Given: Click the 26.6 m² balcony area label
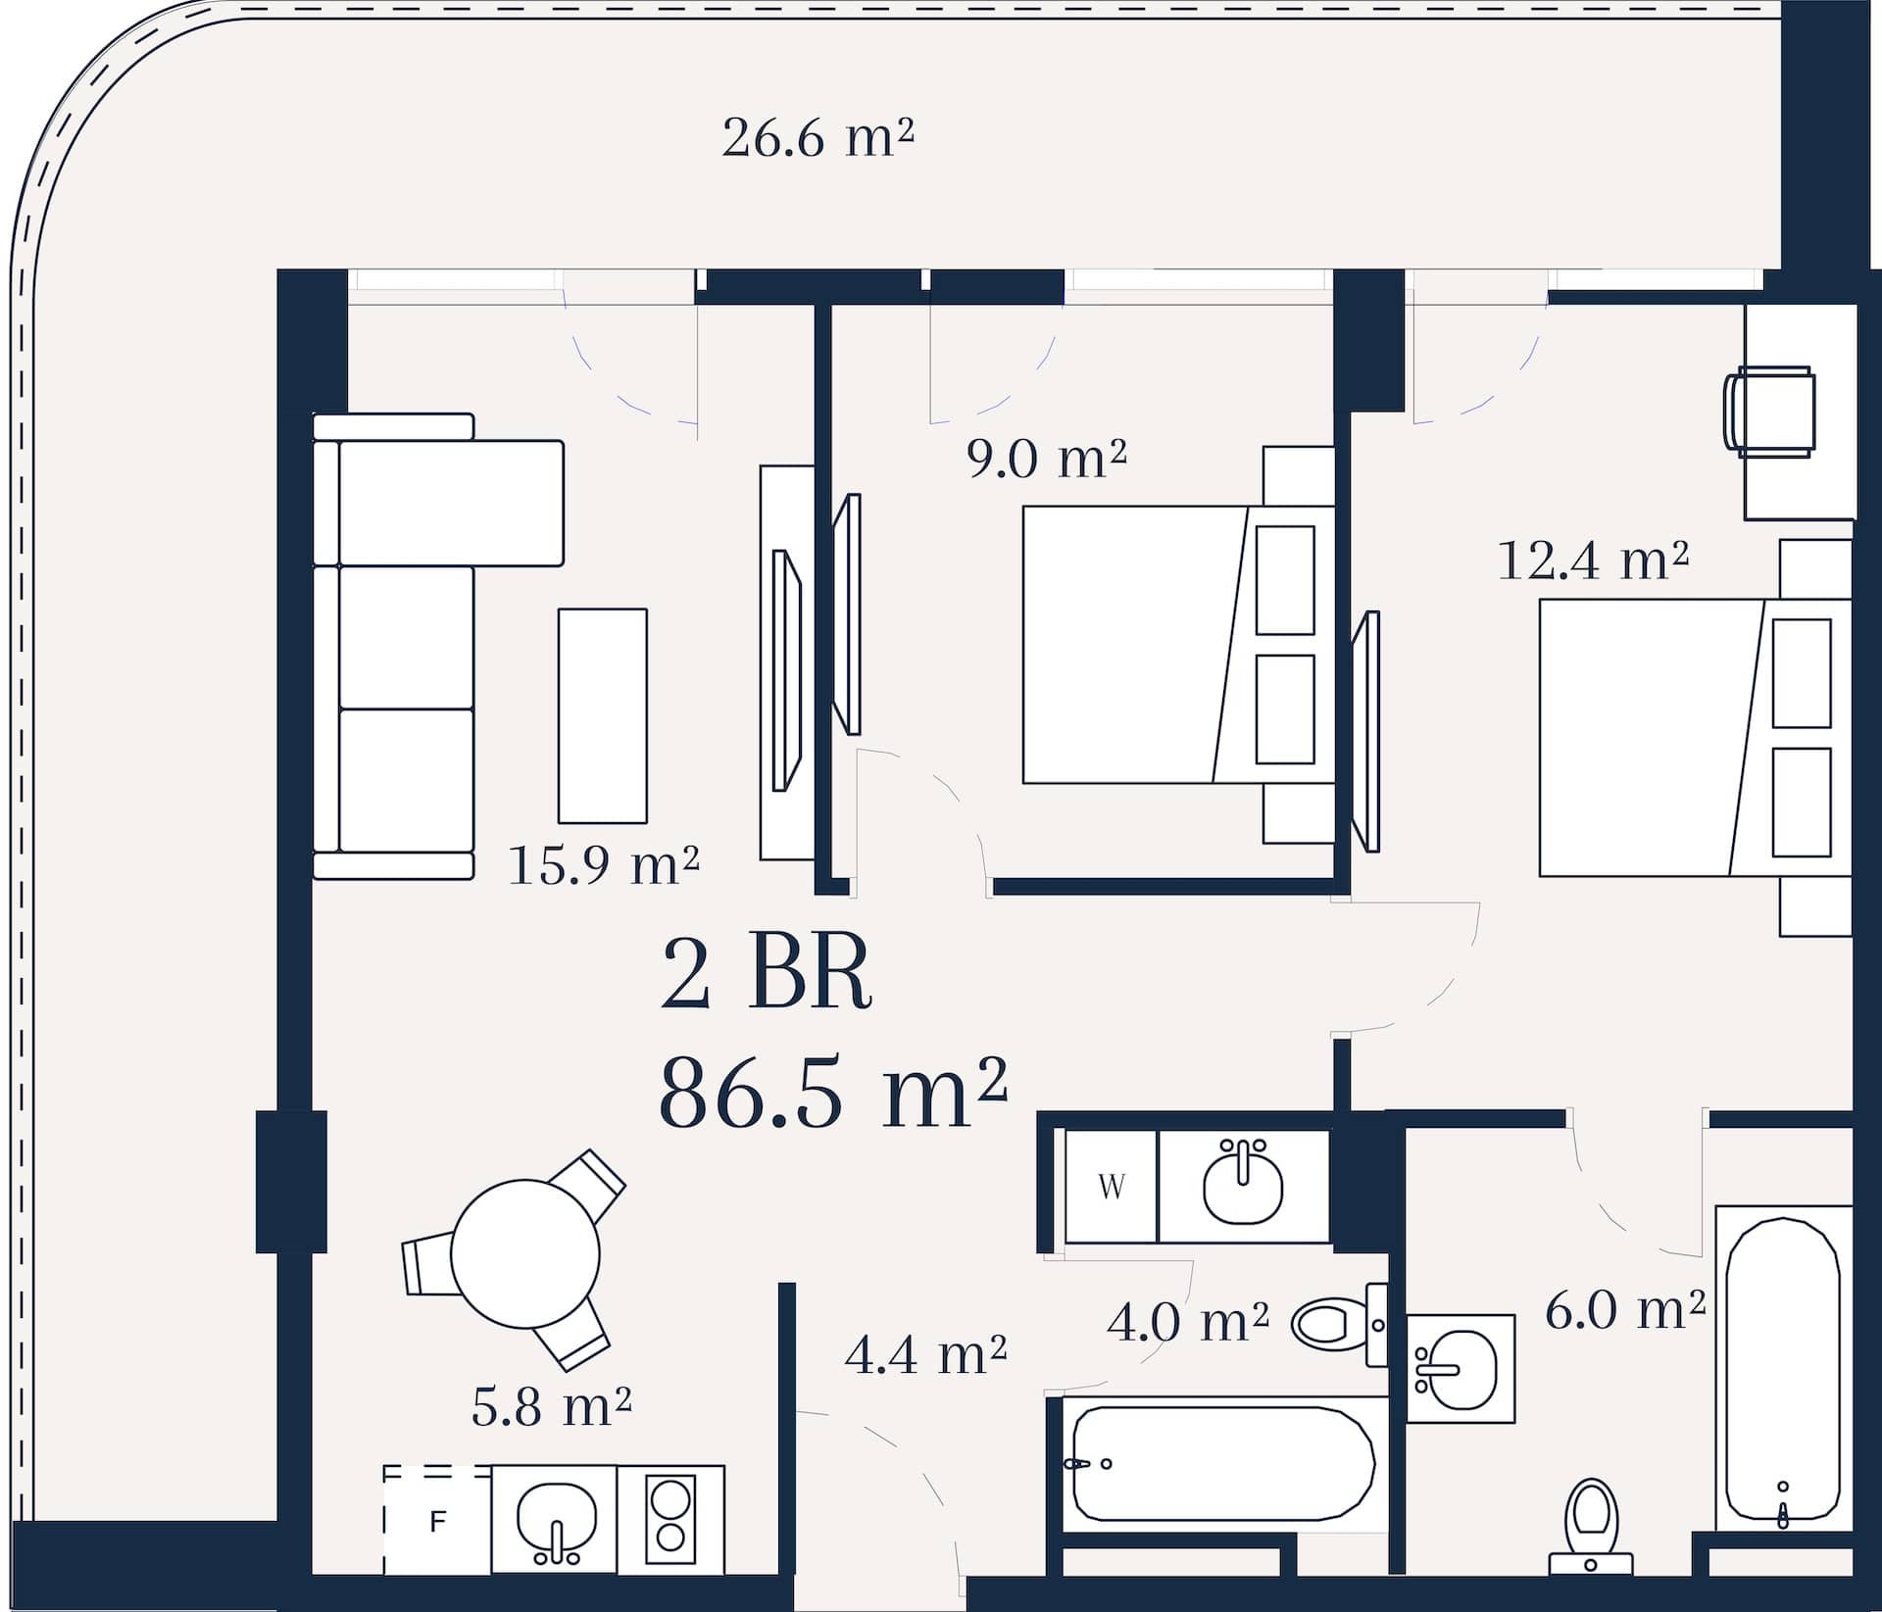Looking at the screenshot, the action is [x=817, y=138].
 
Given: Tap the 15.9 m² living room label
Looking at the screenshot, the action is [x=604, y=864].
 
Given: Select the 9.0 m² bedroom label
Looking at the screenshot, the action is [x=1047, y=458].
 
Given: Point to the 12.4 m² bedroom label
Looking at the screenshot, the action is [x=1594, y=561].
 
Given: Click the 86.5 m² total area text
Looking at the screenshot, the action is [x=834, y=1092].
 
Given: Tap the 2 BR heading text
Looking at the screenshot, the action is [x=767, y=973].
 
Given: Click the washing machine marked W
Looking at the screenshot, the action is [x=1112, y=1187].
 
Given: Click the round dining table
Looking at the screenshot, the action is [x=525, y=1253].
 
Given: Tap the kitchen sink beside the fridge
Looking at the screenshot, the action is [x=555, y=1521].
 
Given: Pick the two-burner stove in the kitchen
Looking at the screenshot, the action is [x=671, y=1521].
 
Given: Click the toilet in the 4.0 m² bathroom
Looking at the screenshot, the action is [x=1340, y=1325].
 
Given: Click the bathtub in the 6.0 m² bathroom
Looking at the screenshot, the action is [x=1783, y=1368].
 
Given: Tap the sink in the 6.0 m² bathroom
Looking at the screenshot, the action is [x=1461, y=1368].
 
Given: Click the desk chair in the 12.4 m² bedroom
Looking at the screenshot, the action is [x=1770, y=413].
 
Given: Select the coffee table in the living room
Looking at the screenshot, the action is [x=603, y=715].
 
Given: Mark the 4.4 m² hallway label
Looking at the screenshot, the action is [x=925, y=1355].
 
